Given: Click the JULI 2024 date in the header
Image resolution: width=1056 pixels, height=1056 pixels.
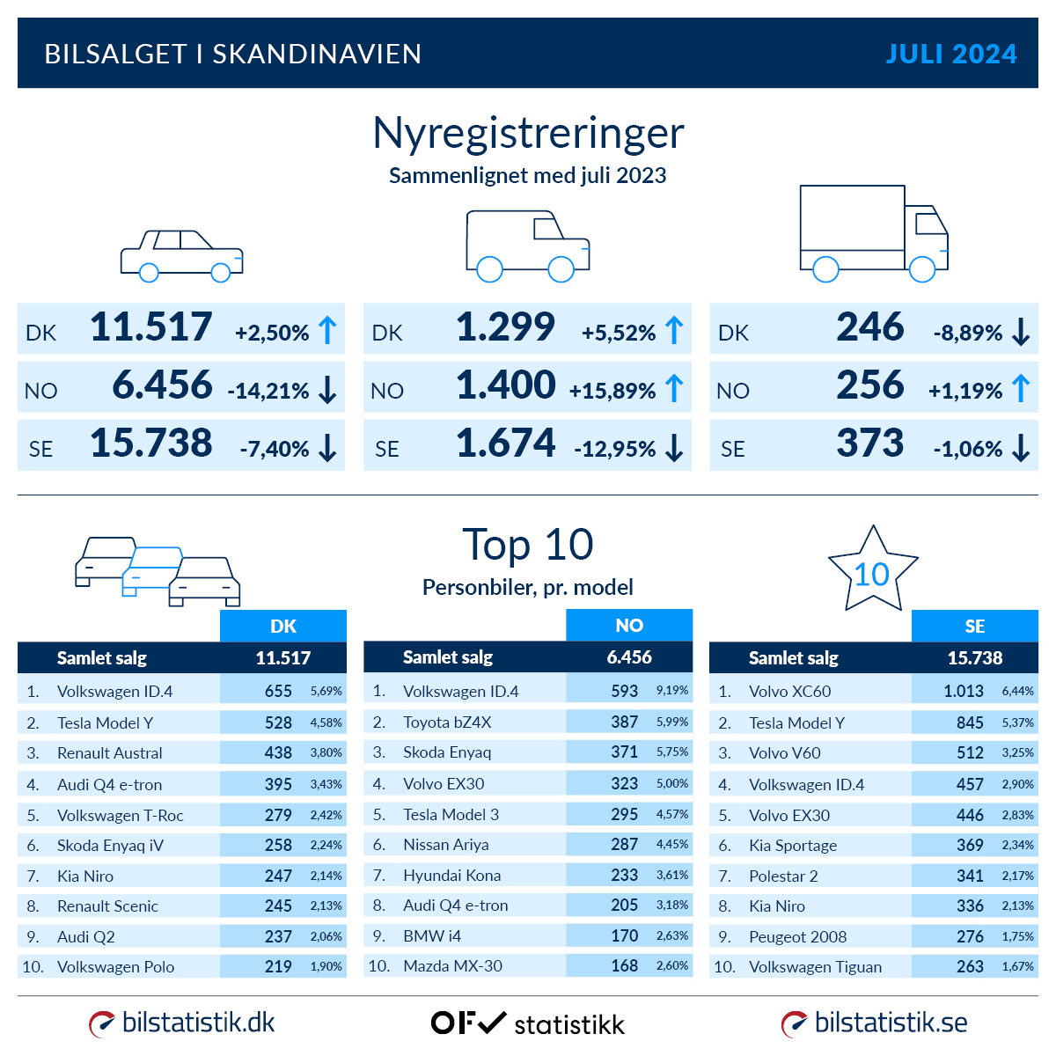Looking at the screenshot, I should (950, 54).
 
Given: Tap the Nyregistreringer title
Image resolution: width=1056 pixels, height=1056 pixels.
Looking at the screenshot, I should (528, 133).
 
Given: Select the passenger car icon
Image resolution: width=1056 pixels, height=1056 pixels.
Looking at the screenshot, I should (181, 255).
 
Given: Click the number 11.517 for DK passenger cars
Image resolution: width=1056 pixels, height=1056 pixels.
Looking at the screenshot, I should (151, 327).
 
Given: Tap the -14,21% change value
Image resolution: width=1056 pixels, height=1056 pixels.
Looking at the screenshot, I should (268, 391).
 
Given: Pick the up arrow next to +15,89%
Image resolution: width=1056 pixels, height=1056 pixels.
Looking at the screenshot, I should (674, 388).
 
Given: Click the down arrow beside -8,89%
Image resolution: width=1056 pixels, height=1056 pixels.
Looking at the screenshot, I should (1021, 332).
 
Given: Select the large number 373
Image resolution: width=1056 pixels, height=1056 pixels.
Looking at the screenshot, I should (869, 444).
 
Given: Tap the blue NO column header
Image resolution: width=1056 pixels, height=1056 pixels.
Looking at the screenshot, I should (629, 625).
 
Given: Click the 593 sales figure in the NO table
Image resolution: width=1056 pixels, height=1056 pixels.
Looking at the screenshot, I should (624, 691).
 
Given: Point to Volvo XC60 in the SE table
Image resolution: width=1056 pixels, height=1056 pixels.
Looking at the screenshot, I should (789, 692).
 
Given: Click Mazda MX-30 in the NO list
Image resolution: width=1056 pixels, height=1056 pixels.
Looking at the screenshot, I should (452, 966).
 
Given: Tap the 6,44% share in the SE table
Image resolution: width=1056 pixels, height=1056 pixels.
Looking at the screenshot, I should (1017, 691).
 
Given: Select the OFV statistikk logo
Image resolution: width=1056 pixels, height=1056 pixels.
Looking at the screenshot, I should (527, 1023).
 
